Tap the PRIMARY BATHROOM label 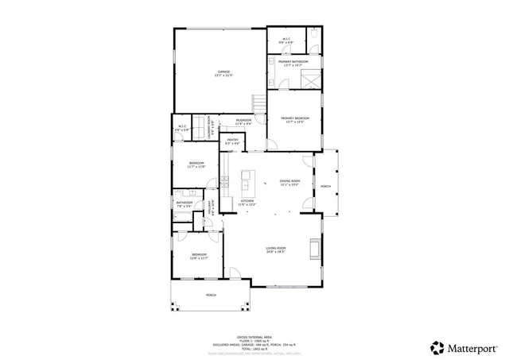[293, 63]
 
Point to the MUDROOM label [243, 122]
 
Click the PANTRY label [233, 141]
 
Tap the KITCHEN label [247, 202]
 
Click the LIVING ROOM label [275, 250]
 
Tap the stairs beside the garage [258, 103]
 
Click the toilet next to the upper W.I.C [313, 37]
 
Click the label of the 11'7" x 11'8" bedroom [196, 165]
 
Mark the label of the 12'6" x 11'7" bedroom [199, 257]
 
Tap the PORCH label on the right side [325, 187]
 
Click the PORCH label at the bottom [211, 295]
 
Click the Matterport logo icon [437, 347]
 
